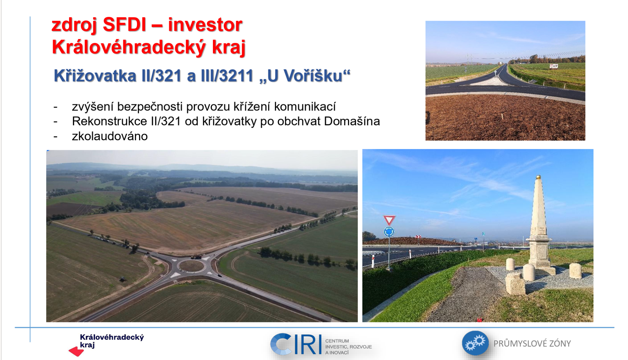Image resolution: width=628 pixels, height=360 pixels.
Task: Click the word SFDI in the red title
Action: pyautogui.click(x=124, y=25)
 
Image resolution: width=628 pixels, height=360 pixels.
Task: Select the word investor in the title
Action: pyautogui.click(x=205, y=25)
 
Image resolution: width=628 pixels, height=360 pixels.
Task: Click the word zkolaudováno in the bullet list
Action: pyautogui.click(x=110, y=136)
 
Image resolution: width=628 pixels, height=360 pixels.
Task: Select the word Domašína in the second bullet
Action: pyautogui.click(x=352, y=121)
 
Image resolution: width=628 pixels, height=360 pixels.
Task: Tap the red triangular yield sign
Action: pyautogui.click(x=389, y=220)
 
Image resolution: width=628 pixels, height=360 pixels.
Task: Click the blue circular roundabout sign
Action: pyautogui.click(x=389, y=232)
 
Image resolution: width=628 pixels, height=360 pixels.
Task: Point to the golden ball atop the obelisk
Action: pyautogui.click(x=538, y=177)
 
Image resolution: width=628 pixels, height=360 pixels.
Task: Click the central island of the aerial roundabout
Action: pyautogui.click(x=192, y=266)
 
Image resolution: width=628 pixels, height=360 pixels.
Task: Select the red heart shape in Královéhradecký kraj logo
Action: pyautogui.click(x=76, y=352)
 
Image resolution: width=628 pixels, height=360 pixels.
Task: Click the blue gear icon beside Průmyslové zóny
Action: pyautogui.click(x=475, y=343)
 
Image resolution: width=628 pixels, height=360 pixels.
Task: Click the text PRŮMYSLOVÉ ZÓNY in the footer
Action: pyautogui.click(x=532, y=344)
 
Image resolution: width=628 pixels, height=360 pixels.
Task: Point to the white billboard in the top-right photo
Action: pyautogui.click(x=554, y=66)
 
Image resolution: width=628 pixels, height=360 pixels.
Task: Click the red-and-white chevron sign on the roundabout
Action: pyautogui.click(x=418, y=237)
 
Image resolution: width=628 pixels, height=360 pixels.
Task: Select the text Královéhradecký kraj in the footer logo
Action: pyautogui.click(x=112, y=341)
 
